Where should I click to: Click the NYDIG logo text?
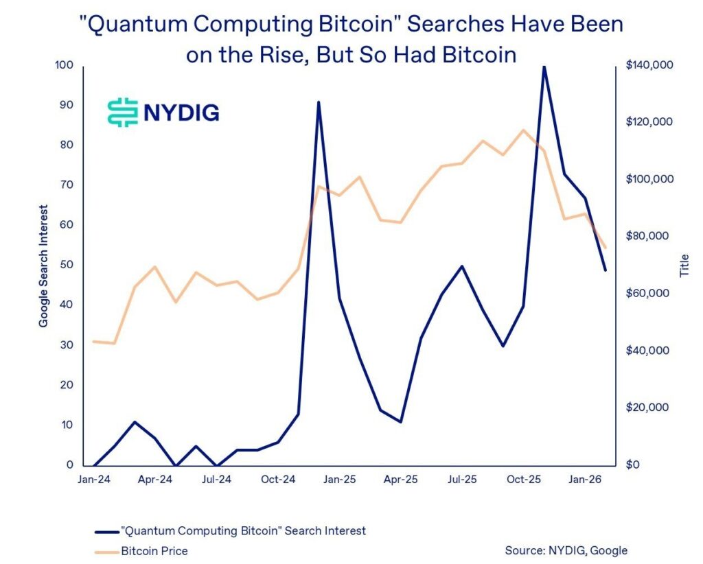click(181, 112)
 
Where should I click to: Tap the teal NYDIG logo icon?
click(123, 112)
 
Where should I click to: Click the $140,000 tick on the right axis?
click(649, 65)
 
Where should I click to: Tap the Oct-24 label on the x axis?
click(278, 480)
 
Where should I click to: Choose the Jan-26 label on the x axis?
click(585, 480)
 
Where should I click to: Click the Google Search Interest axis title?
click(44, 266)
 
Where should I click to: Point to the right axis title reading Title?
click(684, 266)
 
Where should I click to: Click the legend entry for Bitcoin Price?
click(154, 550)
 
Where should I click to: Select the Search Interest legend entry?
click(242, 530)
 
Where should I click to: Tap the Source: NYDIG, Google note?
click(566, 550)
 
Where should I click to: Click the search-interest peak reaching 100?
click(544, 67)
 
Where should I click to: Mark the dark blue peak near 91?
click(319, 102)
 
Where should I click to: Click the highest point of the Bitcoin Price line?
click(523, 130)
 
